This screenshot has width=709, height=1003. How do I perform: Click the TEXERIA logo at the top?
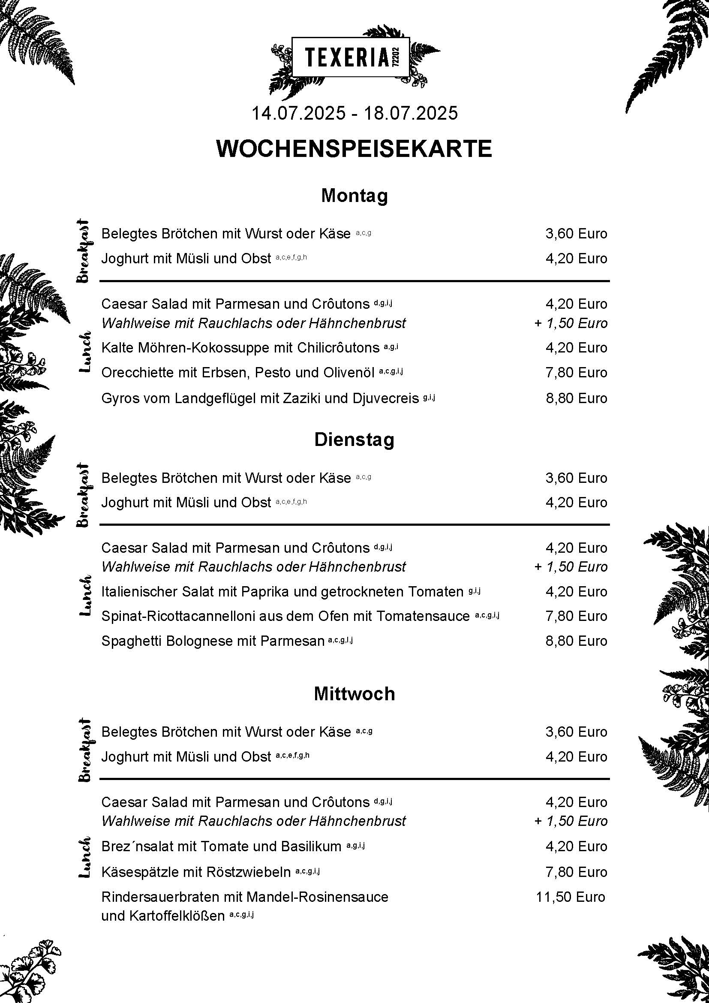tap(351, 57)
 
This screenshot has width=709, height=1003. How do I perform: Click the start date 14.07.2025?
tap(298, 113)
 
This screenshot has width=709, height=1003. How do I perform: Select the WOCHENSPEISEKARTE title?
tap(354, 148)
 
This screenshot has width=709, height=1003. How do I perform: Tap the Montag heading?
tap(354, 195)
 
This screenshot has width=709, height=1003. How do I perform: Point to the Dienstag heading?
tap(354, 440)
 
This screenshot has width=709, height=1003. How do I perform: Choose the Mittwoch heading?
tap(354, 694)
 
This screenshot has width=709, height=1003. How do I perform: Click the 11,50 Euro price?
tap(570, 897)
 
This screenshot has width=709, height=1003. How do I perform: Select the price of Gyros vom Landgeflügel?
tap(576, 398)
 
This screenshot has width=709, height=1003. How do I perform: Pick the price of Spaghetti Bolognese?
tap(576, 641)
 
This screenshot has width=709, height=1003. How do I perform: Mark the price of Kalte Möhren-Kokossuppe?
tap(576, 348)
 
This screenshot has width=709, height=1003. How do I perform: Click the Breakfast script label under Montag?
tap(84, 251)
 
